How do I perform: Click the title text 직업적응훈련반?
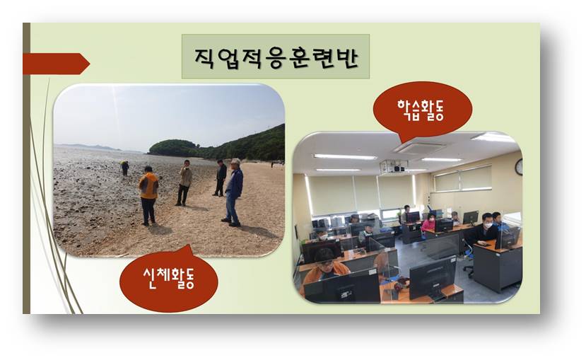[276, 57]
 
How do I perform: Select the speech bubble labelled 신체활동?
[168, 279]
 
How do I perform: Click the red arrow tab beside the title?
[56, 64]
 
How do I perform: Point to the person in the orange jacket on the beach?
[148, 195]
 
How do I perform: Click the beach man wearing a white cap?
[233, 192]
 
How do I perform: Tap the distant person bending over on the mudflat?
[125, 168]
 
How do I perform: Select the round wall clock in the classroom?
[519, 167]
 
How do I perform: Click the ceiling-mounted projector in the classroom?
[394, 166]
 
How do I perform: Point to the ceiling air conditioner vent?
[420, 148]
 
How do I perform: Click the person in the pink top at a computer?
[429, 223]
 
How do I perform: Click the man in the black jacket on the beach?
[220, 178]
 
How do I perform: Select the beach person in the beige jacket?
[184, 182]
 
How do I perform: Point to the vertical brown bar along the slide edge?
[26, 168]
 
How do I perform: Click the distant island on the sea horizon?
[90, 146]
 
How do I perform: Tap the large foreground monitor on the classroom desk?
[433, 278]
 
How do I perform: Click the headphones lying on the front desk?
[399, 285]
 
